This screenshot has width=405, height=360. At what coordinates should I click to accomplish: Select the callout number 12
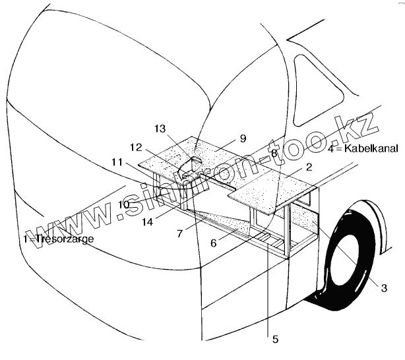coord(137,147)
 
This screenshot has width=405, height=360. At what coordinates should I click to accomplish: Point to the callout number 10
coord(125,204)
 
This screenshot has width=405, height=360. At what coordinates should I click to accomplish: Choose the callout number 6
coord(213,243)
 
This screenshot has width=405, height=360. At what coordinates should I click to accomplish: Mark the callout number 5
coord(275,339)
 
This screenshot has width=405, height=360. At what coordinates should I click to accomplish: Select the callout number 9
coord(243,138)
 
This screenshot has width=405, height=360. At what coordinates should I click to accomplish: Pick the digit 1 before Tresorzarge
coord(25,239)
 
